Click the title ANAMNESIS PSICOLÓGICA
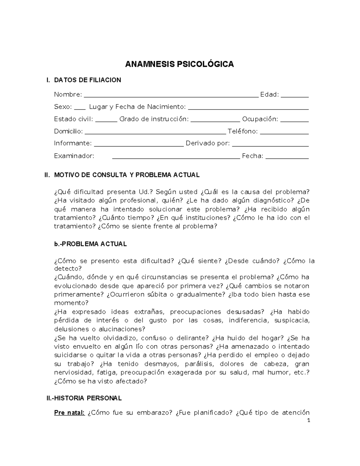[179, 64]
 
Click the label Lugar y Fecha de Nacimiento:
[137, 107]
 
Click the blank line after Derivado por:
[270, 145]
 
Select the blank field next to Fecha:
[287, 158]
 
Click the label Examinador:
[74, 156]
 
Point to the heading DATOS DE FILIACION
[87, 80]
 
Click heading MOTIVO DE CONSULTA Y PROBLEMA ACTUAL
[127, 175]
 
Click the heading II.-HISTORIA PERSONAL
[84, 398]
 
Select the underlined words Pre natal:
[69, 413]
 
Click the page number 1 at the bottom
[308, 420]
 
